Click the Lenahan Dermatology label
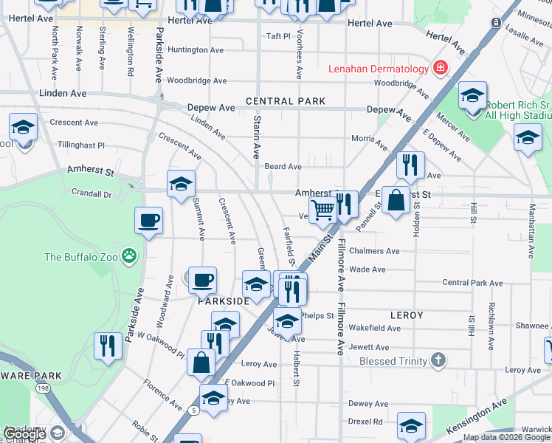tap(379, 69)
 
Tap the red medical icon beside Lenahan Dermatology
tap(441, 69)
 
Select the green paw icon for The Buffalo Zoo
tap(130, 256)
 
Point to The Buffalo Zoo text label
tap(83, 257)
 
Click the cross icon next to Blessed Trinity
tap(439, 360)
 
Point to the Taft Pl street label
tap(279, 35)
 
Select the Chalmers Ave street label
tap(374, 251)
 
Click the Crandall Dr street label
tap(92, 195)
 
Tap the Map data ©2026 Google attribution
tap(506, 437)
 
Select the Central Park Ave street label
tap(472, 283)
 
